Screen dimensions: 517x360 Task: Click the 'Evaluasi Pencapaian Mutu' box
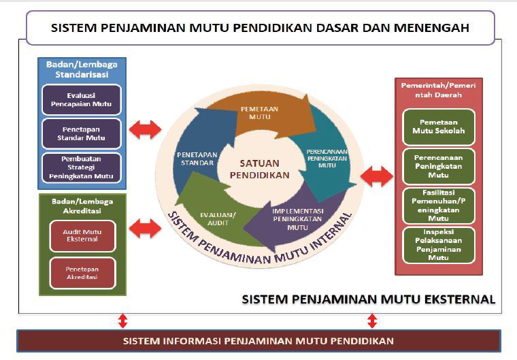(81, 99)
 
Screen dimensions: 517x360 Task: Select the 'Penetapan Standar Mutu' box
(81, 134)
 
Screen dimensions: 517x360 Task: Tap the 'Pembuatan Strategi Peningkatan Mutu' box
(81, 167)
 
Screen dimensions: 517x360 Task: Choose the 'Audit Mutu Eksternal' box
(82, 235)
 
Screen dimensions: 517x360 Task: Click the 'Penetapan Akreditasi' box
(82, 273)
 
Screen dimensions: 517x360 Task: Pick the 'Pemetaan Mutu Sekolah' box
(439, 127)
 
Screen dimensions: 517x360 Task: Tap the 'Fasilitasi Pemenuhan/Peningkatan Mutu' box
(439, 205)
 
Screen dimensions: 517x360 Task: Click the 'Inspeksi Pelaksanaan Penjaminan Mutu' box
(439, 244)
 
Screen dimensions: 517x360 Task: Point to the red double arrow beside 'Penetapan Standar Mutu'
(146, 129)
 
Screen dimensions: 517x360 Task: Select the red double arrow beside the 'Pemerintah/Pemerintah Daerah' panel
(376, 176)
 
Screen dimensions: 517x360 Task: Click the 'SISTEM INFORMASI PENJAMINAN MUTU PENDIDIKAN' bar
(258, 340)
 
